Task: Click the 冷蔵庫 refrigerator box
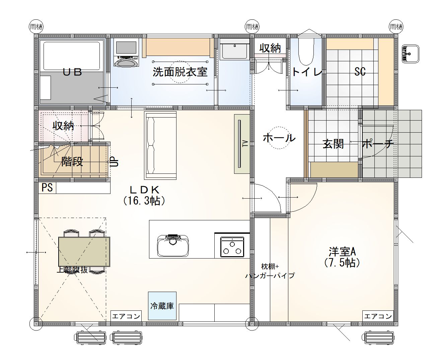[x=162, y=306]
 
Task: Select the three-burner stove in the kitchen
[x=232, y=246]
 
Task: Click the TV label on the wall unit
[x=245, y=144]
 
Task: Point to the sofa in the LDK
[x=160, y=145]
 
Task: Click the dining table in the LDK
[x=84, y=251]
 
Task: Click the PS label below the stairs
[x=47, y=188]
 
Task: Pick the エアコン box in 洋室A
[x=378, y=316]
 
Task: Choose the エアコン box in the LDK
[x=126, y=316]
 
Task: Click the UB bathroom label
[x=72, y=72]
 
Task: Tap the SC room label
[x=360, y=71]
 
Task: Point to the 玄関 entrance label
[x=333, y=144]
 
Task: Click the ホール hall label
[x=279, y=138]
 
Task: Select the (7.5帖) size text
[x=342, y=263]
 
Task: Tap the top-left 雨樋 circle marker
[x=36, y=27]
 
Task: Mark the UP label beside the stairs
[x=115, y=162]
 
